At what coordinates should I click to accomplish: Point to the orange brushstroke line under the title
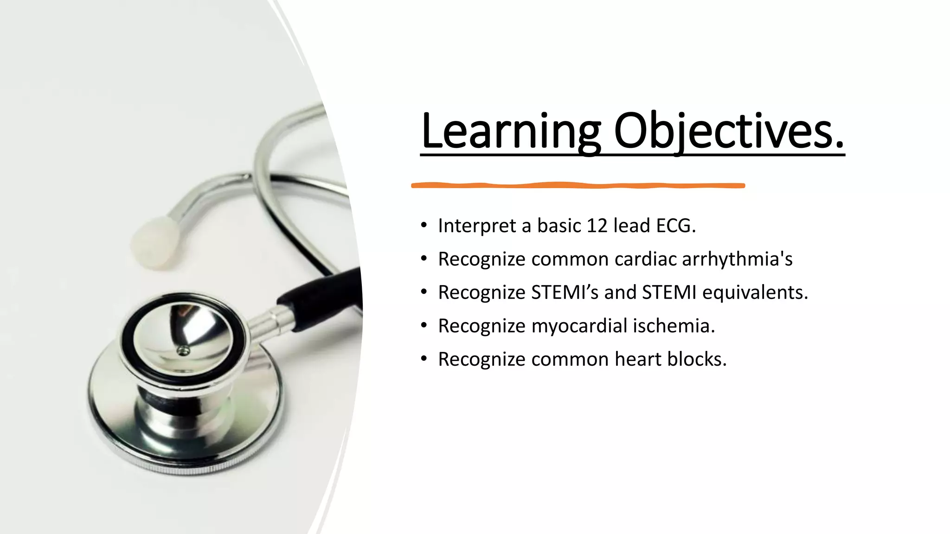tap(578, 185)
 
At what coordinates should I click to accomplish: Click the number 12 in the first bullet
tap(597, 226)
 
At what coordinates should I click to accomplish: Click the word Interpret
tap(477, 226)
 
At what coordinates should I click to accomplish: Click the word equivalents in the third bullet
tap(755, 292)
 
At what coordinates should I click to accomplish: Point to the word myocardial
tap(579, 326)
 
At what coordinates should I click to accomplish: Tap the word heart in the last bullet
tap(638, 359)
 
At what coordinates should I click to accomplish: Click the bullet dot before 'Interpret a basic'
tap(424, 226)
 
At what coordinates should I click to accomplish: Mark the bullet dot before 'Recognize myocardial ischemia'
tap(424, 326)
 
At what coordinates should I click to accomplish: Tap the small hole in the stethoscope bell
tap(184, 351)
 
